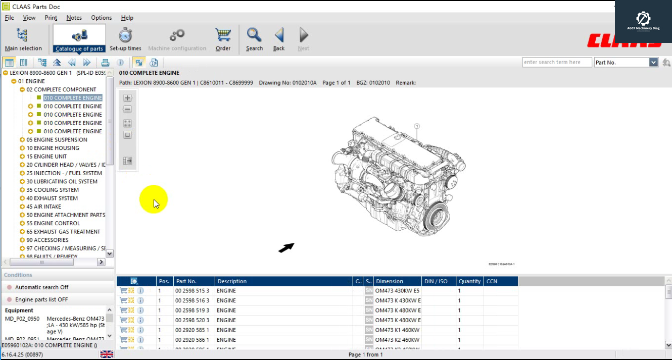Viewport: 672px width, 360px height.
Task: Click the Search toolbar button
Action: tap(254, 39)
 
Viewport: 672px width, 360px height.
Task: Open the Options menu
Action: tap(101, 18)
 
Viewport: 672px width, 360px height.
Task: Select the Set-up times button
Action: tap(125, 39)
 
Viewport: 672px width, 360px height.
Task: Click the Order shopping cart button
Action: tap(223, 39)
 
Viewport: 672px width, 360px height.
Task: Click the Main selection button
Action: tap(23, 39)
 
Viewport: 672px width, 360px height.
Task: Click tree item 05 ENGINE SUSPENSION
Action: tap(57, 140)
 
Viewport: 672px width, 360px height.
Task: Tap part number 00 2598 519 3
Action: tap(192, 311)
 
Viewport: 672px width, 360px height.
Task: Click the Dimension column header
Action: tap(390, 281)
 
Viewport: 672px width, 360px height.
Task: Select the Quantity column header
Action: tap(469, 281)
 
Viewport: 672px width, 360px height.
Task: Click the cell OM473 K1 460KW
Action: tap(397, 330)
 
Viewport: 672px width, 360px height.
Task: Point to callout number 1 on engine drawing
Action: tap(417, 126)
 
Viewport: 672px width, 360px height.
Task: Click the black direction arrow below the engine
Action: tap(286, 247)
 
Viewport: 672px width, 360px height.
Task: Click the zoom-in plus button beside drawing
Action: tap(127, 98)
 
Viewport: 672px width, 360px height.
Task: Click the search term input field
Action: tap(556, 62)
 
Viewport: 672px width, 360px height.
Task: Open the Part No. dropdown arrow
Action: tap(653, 62)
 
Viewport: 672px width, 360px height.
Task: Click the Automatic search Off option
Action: tap(41, 287)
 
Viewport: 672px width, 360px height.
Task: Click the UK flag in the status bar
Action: tap(107, 354)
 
